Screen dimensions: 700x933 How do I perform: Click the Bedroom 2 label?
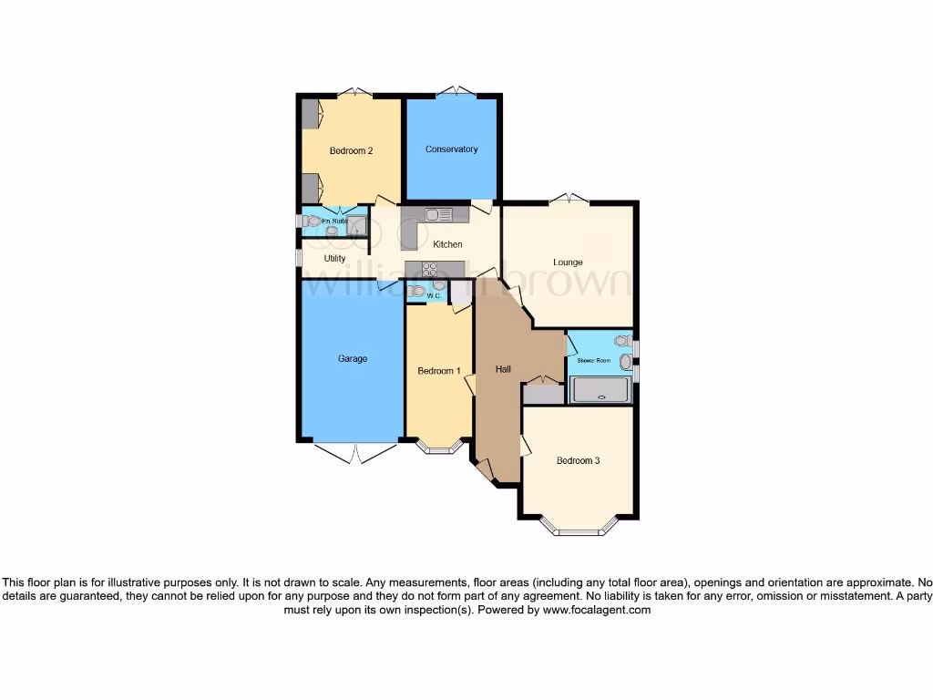pos(351,151)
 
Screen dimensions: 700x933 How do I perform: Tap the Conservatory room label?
pos(451,149)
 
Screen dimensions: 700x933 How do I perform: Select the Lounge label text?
pos(568,262)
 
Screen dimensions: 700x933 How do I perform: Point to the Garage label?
pos(353,359)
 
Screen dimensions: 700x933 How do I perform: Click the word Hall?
pos(503,370)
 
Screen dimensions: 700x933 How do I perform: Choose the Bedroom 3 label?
pos(578,460)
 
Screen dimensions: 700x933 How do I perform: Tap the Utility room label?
pos(334,259)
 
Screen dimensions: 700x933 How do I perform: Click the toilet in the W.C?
pos(417,292)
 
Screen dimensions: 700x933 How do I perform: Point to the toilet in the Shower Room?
pos(623,341)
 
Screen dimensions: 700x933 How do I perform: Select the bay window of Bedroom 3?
pos(578,527)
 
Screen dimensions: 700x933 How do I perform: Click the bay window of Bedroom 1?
pos(438,448)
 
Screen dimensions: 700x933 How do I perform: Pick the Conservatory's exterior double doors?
pos(452,91)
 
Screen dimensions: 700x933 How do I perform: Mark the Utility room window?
pos(298,258)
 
